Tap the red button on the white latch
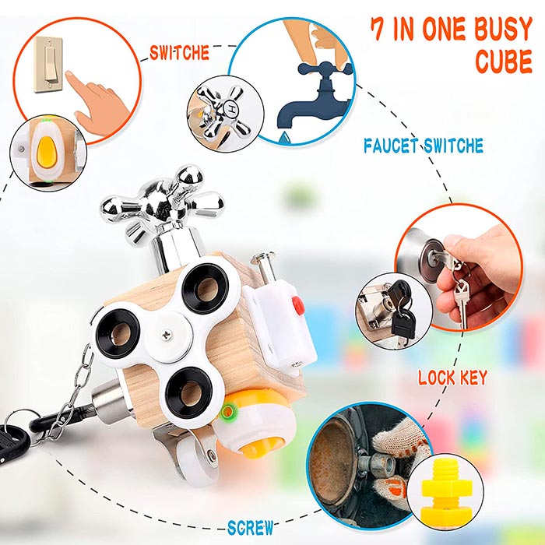click(298, 304)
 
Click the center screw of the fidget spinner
click(167, 334)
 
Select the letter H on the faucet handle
click(231, 110)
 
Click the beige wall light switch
click(48, 65)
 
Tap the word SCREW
click(250, 528)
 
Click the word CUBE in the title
click(504, 62)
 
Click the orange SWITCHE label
click(179, 53)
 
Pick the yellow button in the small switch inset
click(47, 151)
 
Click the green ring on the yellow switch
click(227, 412)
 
